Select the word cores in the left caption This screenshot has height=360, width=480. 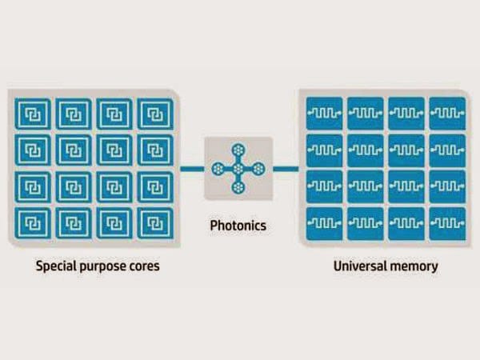pos(144,266)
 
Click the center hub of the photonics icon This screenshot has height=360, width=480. pos(238,169)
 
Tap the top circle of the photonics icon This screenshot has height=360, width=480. pos(238,151)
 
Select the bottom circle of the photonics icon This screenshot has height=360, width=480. pos(238,187)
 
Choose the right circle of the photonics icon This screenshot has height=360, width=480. pos(257,169)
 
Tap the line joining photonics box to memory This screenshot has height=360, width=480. pos(283,169)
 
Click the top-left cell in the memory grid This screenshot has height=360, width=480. pos(324,113)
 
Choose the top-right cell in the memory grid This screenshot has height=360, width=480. pos(446,113)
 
